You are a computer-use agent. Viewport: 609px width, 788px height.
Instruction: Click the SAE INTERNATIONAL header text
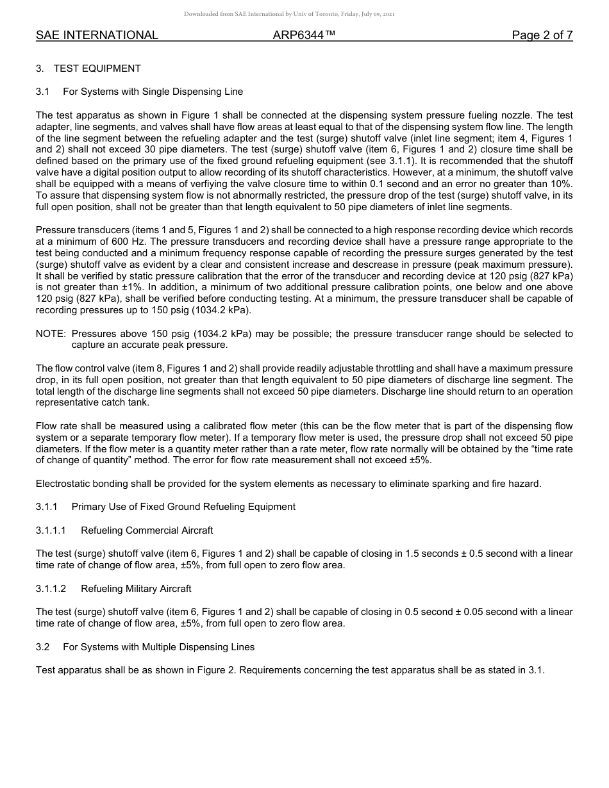97,35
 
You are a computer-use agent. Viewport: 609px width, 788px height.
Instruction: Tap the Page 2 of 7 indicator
542,35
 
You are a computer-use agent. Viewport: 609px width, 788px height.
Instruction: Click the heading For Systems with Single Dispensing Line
153,92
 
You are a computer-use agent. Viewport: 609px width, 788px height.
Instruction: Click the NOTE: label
51,334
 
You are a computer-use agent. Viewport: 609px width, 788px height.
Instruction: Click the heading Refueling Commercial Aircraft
147,530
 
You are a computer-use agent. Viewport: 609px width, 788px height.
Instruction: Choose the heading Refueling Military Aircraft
136,588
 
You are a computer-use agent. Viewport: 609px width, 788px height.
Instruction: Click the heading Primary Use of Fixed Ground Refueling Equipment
183,507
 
